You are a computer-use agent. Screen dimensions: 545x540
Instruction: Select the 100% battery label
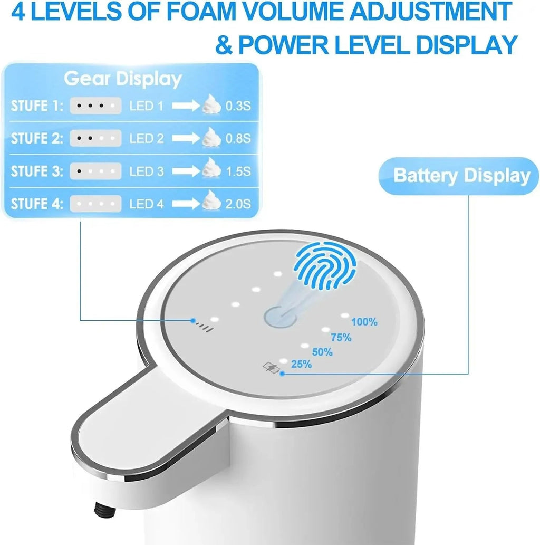click(364, 322)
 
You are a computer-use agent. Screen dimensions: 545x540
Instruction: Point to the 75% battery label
click(341, 338)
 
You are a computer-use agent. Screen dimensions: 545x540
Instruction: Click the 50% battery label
click(322, 352)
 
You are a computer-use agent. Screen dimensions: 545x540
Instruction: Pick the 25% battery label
click(301, 364)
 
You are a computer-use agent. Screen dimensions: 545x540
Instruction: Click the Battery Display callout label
click(461, 176)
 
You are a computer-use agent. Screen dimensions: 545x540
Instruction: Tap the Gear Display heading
click(123, 79)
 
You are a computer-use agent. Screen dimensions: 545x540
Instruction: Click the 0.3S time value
click(238, 106)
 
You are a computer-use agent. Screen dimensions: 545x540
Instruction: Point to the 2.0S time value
click(238, 204)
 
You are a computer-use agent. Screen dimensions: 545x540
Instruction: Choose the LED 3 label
click(147, 171)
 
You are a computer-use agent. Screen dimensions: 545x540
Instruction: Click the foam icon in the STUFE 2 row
click(211, 138)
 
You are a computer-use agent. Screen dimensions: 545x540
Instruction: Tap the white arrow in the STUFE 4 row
click(185, 204)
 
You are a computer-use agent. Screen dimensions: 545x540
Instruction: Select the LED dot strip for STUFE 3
click(95, 171)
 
